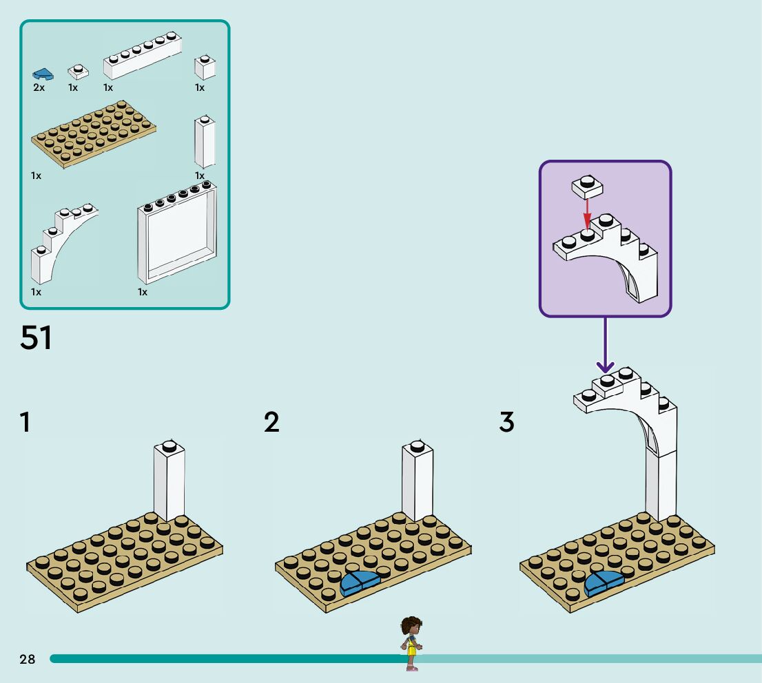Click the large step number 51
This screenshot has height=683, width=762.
coord(37,337)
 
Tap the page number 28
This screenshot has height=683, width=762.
coord(27,660)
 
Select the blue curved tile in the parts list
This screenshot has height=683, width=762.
coord(43,73)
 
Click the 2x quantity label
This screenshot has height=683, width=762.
coord(39,88)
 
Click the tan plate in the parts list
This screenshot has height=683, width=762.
coord(94,135)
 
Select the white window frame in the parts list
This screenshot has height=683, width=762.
coord(177,234)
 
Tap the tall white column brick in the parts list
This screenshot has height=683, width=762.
coord(205,142)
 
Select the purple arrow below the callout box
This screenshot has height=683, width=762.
coord(605,344)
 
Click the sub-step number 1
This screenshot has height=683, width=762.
coord(25,422)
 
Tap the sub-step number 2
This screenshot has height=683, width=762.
coord(272,422)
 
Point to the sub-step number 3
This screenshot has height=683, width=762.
coord(507,422)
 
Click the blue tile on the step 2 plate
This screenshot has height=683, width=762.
coord(360,583)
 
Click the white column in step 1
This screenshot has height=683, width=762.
coord(169,482)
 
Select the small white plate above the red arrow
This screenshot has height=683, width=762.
coord(587,186)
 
